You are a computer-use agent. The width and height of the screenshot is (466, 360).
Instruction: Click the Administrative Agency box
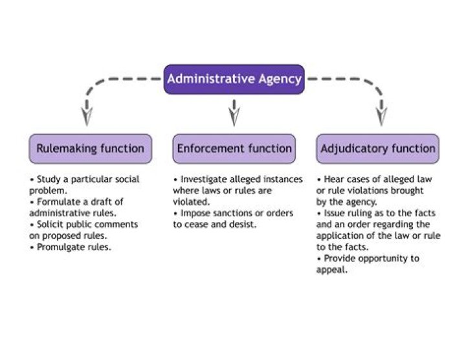coord(234,79)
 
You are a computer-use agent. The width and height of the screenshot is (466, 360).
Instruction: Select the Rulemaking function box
coord(90,148)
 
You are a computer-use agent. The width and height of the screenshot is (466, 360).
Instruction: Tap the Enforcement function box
coord(234,148)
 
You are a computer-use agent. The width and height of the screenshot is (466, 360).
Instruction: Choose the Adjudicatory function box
coord(378,148)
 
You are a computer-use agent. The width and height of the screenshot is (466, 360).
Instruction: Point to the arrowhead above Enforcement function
coord(234,116)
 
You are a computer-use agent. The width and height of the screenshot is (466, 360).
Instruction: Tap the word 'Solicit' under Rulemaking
coord(49,225)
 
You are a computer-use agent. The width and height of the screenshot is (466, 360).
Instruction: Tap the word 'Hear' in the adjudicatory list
coord(333,179)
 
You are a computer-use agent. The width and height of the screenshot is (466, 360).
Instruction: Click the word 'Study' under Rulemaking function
coord(48,179)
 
